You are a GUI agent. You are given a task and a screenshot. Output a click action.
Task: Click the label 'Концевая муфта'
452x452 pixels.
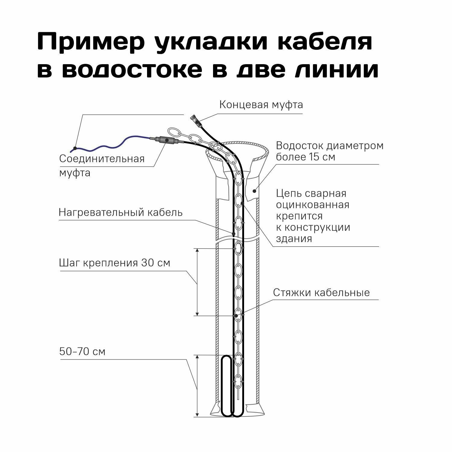click(x=261, y=105)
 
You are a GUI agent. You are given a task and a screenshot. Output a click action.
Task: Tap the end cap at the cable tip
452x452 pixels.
click(x=194, y=118)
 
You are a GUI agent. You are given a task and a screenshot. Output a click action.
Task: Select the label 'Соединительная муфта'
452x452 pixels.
click(x=102, y=165)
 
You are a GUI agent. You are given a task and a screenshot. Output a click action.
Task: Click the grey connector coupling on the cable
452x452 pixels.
click(x=165, y=140)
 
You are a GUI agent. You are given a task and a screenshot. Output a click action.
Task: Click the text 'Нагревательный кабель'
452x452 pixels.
click(x=121, y=212)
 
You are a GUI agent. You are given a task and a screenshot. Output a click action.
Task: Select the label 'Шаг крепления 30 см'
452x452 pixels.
click(x=115, y=263)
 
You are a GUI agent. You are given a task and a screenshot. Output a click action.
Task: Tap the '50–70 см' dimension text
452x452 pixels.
click(x=82, y=352)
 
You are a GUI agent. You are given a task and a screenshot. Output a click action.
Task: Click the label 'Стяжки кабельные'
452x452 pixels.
click(x=321, y=293)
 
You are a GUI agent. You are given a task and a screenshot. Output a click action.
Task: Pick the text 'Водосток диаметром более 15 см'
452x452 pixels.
click(x=329, y=151)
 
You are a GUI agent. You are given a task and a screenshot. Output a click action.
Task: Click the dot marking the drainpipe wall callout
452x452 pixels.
click(x=254, y=191)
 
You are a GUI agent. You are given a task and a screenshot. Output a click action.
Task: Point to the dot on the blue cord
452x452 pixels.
click(x=75, y=148)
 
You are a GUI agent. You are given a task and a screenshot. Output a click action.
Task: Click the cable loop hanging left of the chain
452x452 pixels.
click(x=226, y=386)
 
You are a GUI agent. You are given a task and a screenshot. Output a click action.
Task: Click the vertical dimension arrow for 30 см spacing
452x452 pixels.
click(x=197, y=282)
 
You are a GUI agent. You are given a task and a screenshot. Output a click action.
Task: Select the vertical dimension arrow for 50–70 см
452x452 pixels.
click(x=197, y=386)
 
